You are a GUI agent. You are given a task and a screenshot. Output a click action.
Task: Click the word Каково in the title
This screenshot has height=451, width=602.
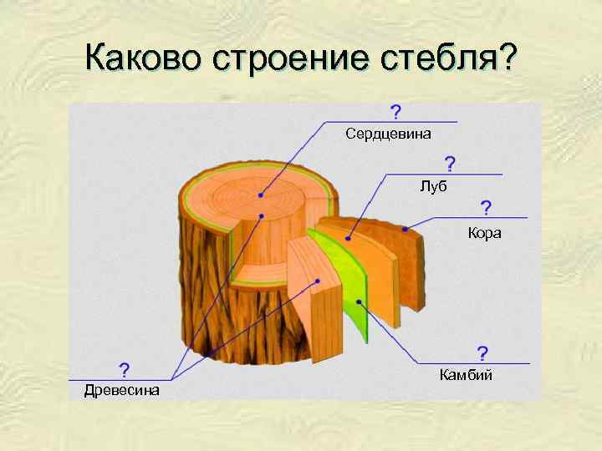coord(145,59)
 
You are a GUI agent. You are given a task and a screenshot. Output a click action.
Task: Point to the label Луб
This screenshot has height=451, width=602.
coord(433,186)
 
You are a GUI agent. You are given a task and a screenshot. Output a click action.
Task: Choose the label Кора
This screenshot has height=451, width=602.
coord(485,233)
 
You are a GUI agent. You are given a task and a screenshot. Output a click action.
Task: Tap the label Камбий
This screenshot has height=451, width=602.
coord(466,375)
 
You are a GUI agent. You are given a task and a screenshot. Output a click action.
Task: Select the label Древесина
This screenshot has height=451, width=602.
coord(122,390)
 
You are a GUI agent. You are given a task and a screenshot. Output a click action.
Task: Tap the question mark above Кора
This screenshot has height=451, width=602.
coord(486,207)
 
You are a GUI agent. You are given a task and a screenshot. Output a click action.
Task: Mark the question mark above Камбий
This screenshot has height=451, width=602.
coord(482,353)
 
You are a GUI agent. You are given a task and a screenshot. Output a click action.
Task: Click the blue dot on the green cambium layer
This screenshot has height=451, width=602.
coord(358,301)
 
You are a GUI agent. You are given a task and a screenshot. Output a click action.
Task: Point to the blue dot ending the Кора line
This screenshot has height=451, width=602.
coord(406,229)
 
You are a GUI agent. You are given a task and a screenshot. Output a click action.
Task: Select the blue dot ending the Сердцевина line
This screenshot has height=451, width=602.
coord(261,195)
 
